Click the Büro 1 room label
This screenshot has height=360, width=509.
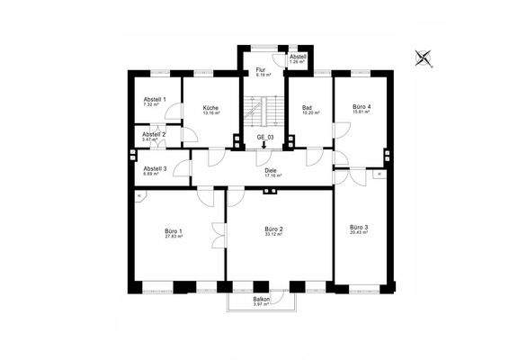coord(173,229)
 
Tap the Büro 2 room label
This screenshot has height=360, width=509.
coord(274,229)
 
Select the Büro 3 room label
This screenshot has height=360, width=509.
coord(359,227)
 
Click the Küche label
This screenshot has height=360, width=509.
coord(211,107)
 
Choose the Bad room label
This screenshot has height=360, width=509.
coord(306,107)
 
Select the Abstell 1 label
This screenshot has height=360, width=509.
coord(155,98)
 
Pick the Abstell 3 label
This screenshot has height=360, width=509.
coord(155,167)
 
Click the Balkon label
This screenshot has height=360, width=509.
coord(262,299)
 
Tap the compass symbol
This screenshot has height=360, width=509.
coord(424,58)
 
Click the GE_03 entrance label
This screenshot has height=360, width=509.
coord(265,137)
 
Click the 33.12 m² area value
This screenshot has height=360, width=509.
coord(274,236)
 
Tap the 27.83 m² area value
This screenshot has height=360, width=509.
coord(173,236)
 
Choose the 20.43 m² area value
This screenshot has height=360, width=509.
coord(359,233)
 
